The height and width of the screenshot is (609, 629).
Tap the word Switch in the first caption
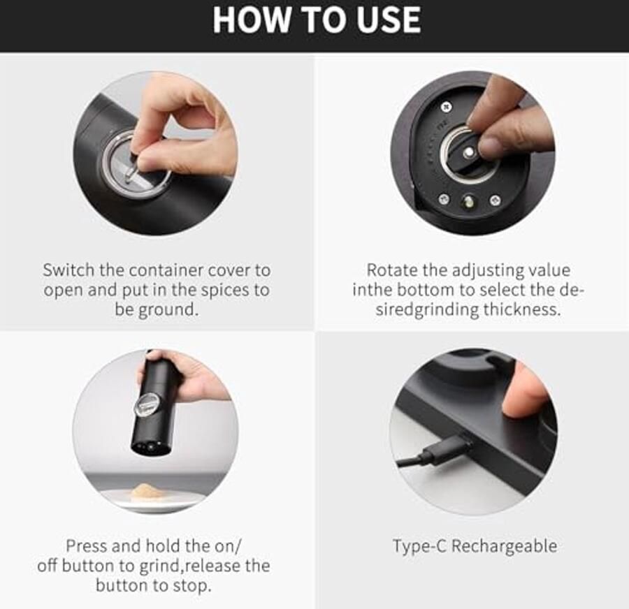click(x=69, y=270)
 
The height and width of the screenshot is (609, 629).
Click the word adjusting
click(x=488, y=271)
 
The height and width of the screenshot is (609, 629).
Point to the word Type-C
click(x=419, y=546)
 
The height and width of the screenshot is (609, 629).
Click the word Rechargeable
click(x=504, y=546)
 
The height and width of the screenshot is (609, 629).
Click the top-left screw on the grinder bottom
click(x=446, y=107)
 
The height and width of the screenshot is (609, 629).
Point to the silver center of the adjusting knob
click(x=468, y=152)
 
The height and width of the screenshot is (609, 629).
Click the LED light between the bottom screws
click(x=468, y=201)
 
